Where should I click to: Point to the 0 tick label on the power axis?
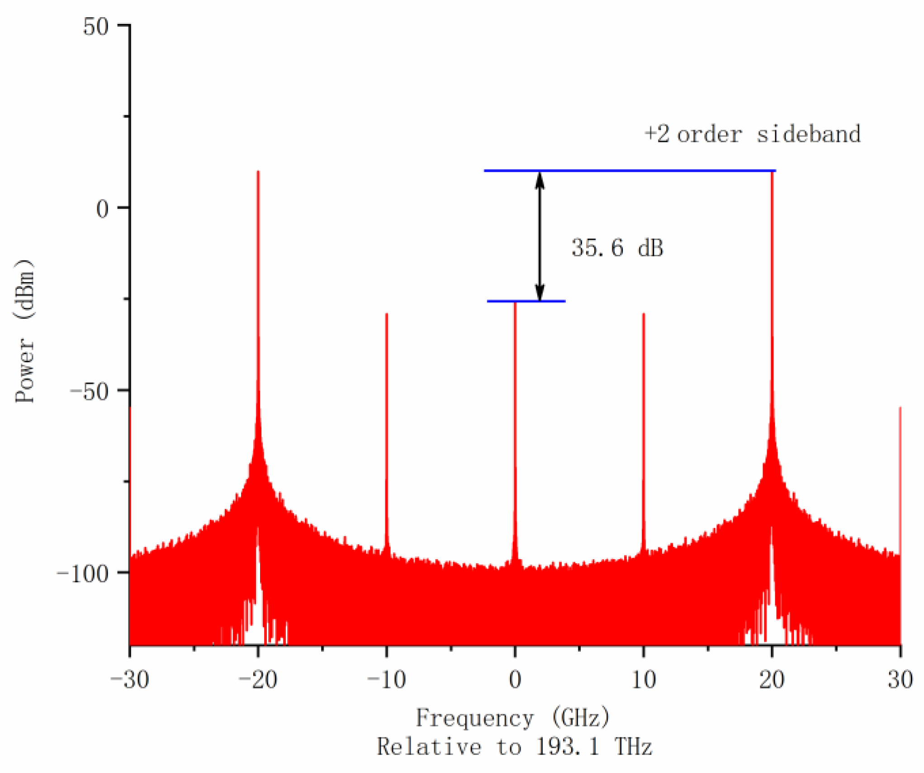pyautogui.click(x=103, y=209)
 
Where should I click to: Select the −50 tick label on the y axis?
pyautogui.click(x=90, y=391)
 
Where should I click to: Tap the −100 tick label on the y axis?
pyautogui.click(x=82, y=574)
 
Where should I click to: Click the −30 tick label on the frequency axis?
pyautogui.click(x=130, y=679)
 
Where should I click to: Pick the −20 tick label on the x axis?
pyautogui.click(x=258, y=679)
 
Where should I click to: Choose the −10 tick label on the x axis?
pyautogui.click(x=387, y=679)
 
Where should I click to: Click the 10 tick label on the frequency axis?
pyautogui.click(x=644, y=679)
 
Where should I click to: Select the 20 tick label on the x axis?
pyautogui.click(x=772, y=679)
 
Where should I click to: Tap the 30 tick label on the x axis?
pyautogui.click(x=900, y=679)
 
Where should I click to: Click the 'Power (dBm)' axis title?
pyautogui.click(x=24, y=331)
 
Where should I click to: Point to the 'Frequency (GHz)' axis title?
pyautogui.click(x=513, y=718)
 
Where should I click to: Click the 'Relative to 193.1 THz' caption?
pyautogui.click(x=515, y=747)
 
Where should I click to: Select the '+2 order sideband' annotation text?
pyautogui.click(x=752, y=134)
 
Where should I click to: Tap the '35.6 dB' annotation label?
pyautogui.click(x=617, y=248)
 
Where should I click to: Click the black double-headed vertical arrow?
pyautogui.click(x=540, y=236)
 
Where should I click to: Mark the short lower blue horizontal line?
pyautogui.click(x=526, y=301)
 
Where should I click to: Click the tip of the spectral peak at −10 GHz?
pyautogui.click(x=387, y=314)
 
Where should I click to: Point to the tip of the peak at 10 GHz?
pyautogui.click(x=644, y=314)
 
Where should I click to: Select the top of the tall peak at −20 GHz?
pyautogui.click(x=258, y=172)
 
